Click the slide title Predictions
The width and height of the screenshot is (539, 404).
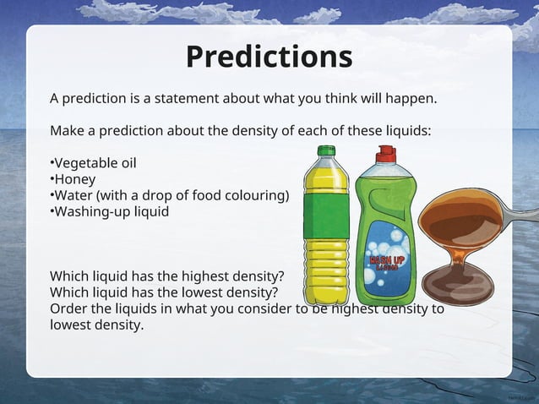(269, 57)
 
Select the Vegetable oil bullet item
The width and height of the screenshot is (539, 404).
(93, 162)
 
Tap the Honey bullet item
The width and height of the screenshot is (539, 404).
(74, 179)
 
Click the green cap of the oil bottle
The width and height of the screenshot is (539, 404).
(325, 152)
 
